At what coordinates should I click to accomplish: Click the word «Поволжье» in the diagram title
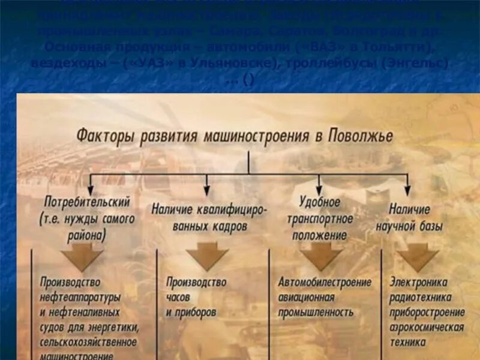click(x=361, y=136)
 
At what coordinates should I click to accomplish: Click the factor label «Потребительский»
click(x=86, y=202)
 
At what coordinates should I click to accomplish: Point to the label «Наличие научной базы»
click(x=409, y=218)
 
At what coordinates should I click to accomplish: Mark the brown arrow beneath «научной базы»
click(x=418, y=257)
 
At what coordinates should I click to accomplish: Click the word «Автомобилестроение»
click(x=325, y=282)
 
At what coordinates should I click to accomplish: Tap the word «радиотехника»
click(x=421, y=296)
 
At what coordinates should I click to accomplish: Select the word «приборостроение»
click(x=427, y=312)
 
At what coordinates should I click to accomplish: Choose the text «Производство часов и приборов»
click(x=196, y=297)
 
